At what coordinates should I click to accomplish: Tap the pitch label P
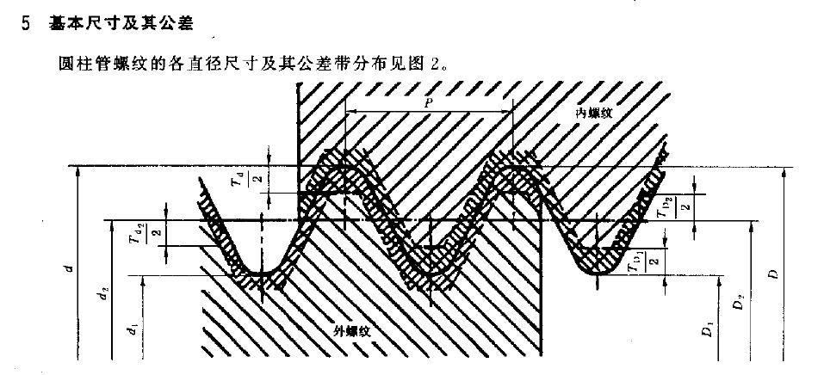tap(429, 101)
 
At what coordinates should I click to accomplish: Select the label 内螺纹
tap(594, 113)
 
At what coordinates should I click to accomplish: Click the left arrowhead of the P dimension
tap(349, 111)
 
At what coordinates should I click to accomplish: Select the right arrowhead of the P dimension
tap(508, 111)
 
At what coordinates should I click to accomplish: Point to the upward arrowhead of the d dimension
tap(79, 170)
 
